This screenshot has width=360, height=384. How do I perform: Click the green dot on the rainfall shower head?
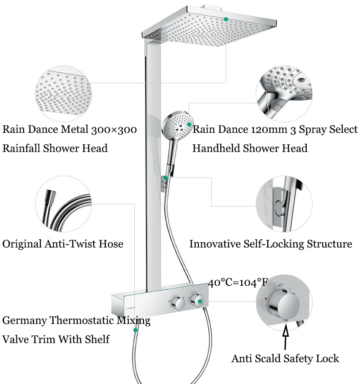pyautogui.click(x=226, y=19)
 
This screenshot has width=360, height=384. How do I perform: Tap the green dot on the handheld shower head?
pyautogui.click(x=189, y=124)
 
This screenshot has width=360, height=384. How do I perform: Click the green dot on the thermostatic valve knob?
pyautogui.click(x=200, y=301)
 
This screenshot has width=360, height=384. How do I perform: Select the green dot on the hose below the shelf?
pyautogui.click(x=135, y=330)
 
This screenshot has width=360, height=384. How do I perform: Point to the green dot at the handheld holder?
pyautogui.click(x=166, y=177)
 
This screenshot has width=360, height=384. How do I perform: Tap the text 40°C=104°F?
pyautogui.click(x=238, y=283)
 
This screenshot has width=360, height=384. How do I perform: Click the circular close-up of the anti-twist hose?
pyautogui.click(x=63, y=204)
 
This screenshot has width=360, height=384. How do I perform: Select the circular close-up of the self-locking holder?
pyautogui.click(x=284, y=204)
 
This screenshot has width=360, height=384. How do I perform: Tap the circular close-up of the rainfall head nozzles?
pyautogui.click(x=63, y=94)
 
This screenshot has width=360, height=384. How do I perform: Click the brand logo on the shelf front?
pyautogui.click(x=130, y=308)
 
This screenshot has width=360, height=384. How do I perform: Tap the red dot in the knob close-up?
pyautogui.click(x=266, y=299)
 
